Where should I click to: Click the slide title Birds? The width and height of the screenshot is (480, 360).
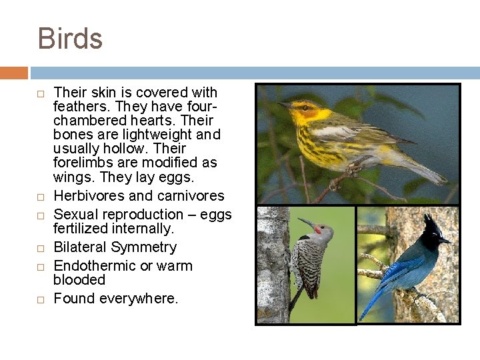[70, 39]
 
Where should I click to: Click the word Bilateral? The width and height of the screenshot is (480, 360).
[80, 247]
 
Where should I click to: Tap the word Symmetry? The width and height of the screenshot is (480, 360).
[144, 248]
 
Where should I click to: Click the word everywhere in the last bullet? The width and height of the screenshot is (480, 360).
[139, 299]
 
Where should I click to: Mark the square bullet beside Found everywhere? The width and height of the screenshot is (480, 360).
[40, 299]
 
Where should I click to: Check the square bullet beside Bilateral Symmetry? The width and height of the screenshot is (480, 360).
[40, 248]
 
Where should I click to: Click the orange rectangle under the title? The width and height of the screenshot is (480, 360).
[14, 73]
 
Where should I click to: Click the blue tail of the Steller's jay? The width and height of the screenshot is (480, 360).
[371, 303]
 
